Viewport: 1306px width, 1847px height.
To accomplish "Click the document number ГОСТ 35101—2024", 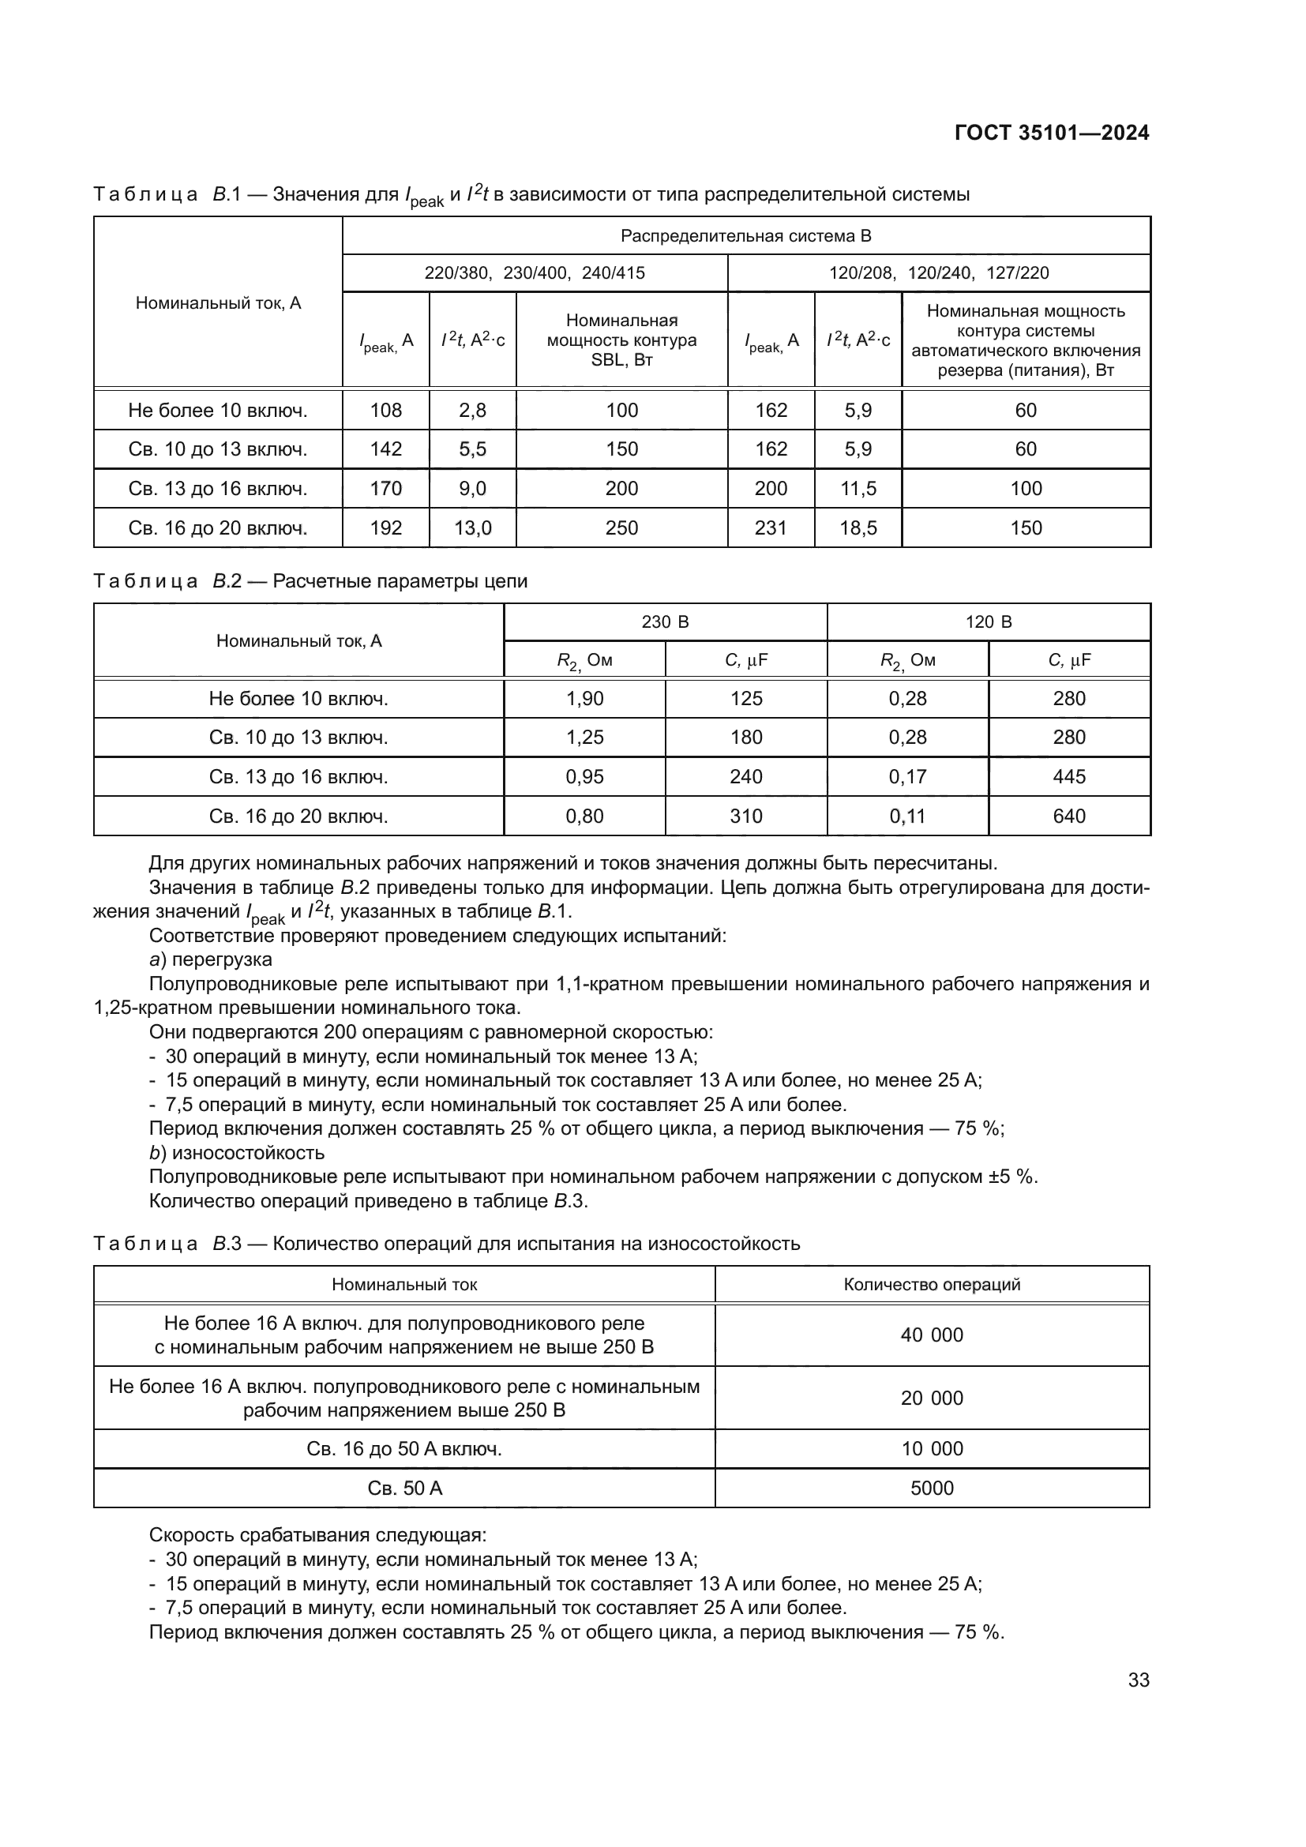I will (1051, 133).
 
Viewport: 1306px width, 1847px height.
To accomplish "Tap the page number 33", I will (1138, 1680).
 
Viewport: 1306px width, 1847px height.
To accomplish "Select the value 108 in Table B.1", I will (385, 411).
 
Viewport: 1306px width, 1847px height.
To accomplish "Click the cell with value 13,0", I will (472, 527).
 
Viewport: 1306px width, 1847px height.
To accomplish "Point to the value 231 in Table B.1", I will (771, 527).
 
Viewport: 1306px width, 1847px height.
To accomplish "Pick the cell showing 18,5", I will (858, 527).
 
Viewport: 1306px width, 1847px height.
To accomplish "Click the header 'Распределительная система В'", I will (745, 235).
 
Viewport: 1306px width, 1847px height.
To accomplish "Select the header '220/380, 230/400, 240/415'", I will (535, 272).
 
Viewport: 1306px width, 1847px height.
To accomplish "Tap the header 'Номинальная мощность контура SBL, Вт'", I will (621, 340).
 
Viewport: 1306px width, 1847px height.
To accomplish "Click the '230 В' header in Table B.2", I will (665, 621).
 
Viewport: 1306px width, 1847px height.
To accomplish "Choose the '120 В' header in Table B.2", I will (989, 621).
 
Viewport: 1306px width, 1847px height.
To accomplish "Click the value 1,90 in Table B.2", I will (584, 698).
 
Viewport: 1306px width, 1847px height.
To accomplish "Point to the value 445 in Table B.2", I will (1069, 776).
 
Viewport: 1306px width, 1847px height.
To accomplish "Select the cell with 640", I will (1069, 816).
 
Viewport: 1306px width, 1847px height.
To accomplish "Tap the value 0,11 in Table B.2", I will (907, 816).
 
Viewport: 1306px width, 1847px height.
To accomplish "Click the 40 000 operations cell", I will (931, 1335).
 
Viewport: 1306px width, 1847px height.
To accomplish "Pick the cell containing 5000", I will (931, 1488).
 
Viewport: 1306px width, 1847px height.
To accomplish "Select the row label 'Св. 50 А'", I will (404, 1488).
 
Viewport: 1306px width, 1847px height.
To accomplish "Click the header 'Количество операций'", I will (931, 1284).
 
